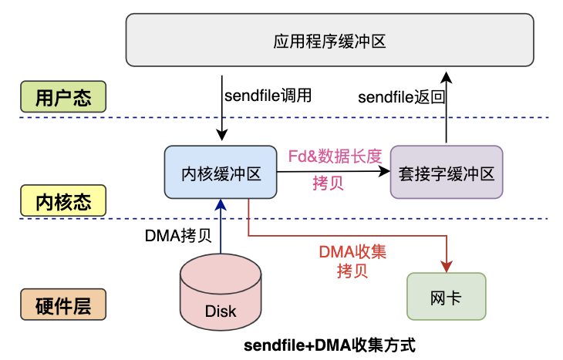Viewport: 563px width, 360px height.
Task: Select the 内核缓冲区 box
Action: click(x=221, y=173)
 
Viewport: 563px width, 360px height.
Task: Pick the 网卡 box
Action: click(x=447, y=296)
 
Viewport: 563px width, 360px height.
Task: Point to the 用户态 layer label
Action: click(x=63, y=98)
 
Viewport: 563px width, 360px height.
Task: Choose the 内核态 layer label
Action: click(x=63, y=202)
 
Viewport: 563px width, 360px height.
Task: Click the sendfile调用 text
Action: click(x=267, y=96)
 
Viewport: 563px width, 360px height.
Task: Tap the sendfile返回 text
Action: click(x=402, y=97)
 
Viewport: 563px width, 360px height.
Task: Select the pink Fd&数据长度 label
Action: click(x=335, y=155)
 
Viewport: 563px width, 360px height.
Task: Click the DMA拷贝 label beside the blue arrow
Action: click(x=178, y=235)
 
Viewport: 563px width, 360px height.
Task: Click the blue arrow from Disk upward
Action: click(x=221, y=227)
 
